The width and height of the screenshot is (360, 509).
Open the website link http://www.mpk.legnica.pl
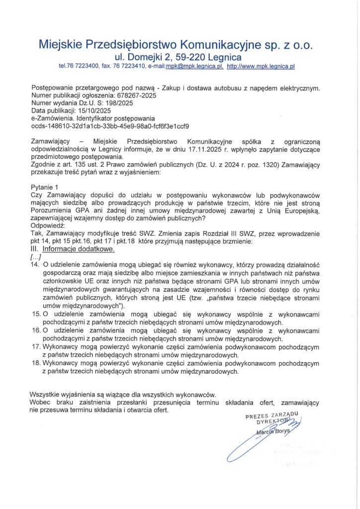tap(261, 66)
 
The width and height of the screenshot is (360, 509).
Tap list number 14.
tap(35, 265)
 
